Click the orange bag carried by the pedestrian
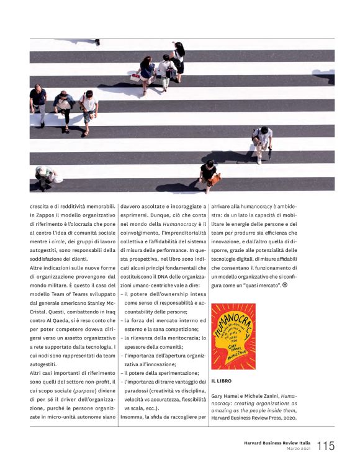point(215,180)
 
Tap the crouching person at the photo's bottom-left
point(45,176)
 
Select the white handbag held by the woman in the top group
point(135,78)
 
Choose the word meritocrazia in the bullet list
point(176,337)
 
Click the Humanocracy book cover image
point(233,336)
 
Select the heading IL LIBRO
point(222,380)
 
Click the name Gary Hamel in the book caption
point(227,395)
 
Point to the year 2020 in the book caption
point(287,417)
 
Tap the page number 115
point(325,446)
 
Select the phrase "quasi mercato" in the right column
point(258,284)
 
